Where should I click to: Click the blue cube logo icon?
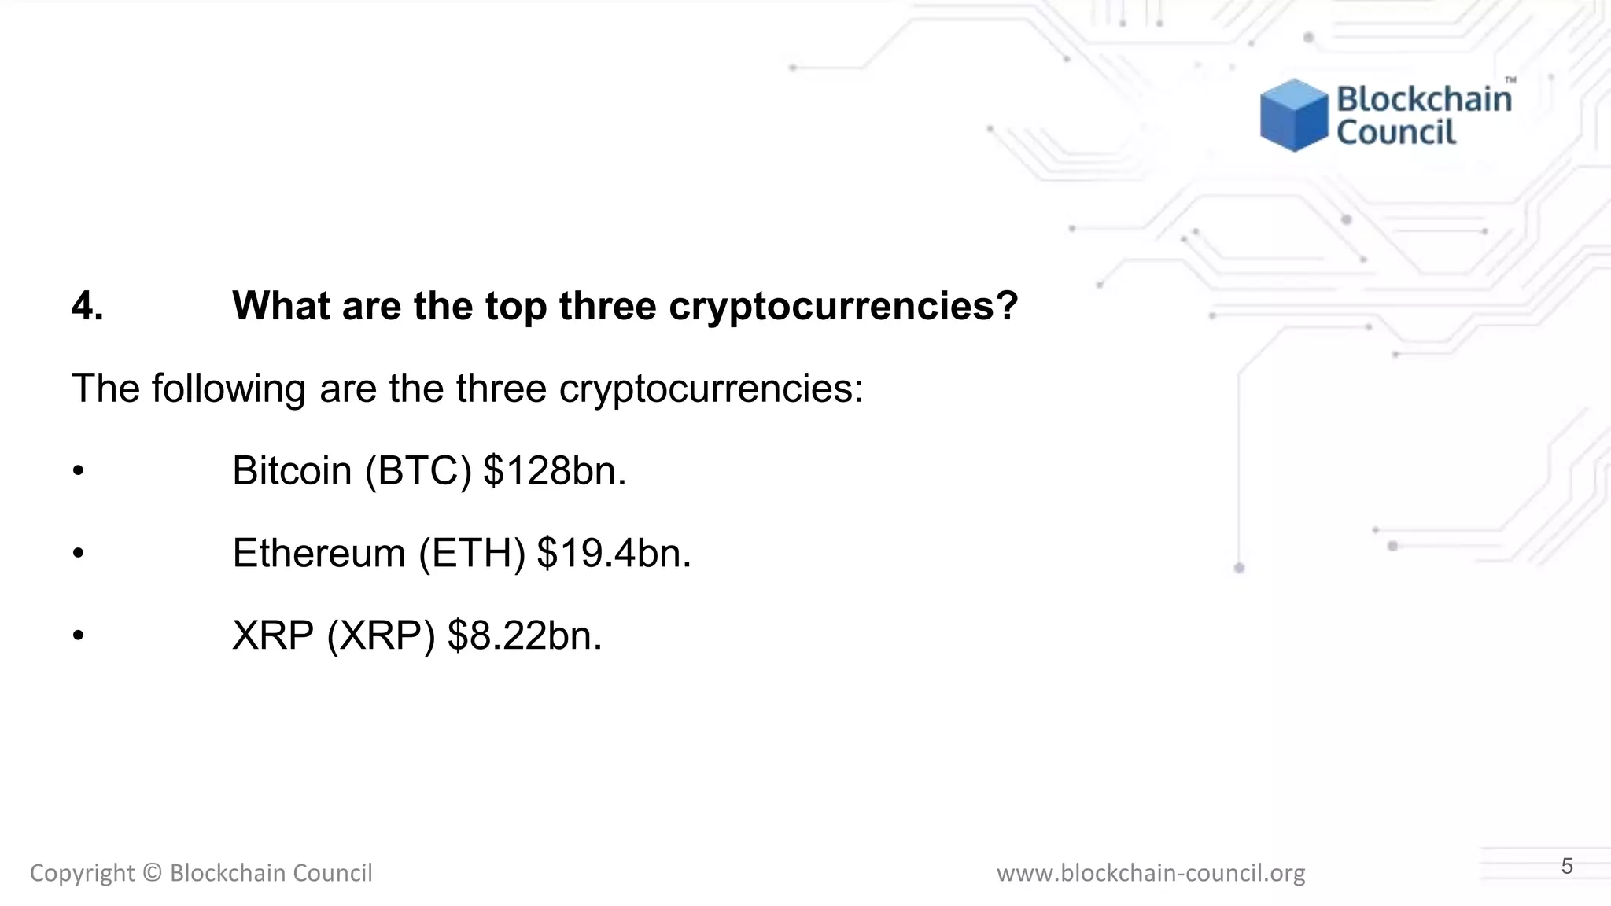(x=1294, y=115)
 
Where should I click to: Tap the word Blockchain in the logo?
(x=1424, y=99)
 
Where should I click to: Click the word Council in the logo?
(x=1396, y=132)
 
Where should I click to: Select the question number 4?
(x=87, y=305)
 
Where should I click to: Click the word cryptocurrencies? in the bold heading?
(x=843, y=307)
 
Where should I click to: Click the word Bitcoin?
(x=292, y=470)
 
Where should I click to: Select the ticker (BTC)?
(x=418, y=470)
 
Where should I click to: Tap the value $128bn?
(x=555, y=470)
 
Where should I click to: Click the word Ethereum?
(x=319, y=553)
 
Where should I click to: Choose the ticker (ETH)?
(x=472, y=553)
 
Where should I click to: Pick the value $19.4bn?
(x=614, y=553)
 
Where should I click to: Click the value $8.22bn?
(x=525, y=635)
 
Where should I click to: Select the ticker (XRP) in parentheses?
(x=381, y=635)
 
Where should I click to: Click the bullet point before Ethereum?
(x=77, y=554)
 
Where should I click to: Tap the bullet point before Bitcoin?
(x=77, y=471)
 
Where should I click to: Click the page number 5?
(x=1567, y=867)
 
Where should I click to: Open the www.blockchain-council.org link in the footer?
(x=1151, y=873)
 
